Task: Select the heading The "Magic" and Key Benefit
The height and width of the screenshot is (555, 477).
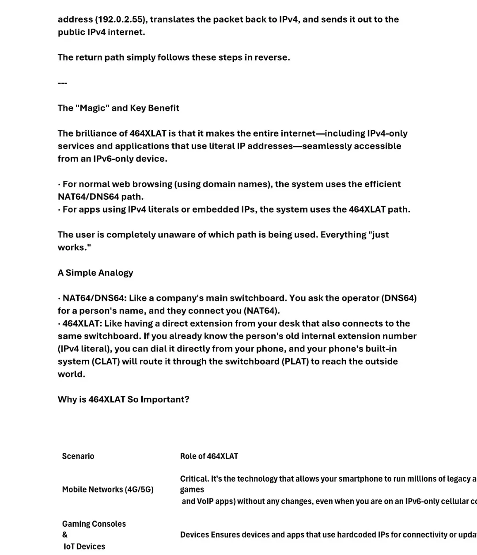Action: pos(118,108)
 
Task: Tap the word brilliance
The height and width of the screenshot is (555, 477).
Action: pos(102,133)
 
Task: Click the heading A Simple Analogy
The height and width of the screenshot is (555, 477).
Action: pos(95,273)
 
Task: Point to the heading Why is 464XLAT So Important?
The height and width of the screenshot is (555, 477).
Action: pos(123,399)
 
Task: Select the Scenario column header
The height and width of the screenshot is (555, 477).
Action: pos(78,456)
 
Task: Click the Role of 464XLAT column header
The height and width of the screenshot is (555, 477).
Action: pos(209,456)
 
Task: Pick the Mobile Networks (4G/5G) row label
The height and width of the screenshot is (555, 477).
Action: pos(108,490)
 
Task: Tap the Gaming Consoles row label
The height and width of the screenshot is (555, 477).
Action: pos(94,524)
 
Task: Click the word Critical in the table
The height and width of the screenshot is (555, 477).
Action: pos(194,479)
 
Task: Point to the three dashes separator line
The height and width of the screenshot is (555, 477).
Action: pos(62,83)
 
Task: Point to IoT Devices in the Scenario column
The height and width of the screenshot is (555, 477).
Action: pos(84,547)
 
